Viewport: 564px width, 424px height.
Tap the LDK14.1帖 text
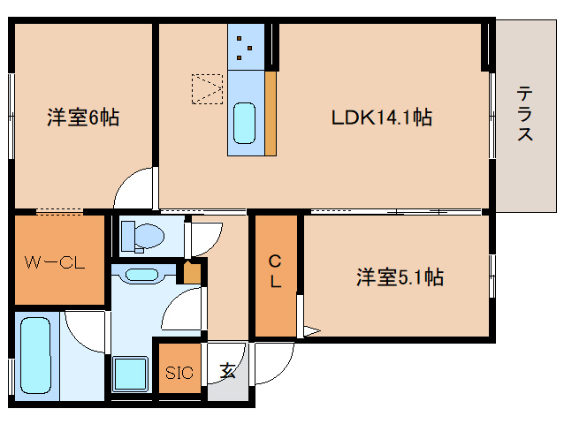click(381, 117)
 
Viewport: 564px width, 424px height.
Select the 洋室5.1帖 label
click(399, 277)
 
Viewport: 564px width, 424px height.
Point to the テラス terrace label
click(525, 113)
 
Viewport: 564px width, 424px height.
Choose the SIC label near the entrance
click(179, 372)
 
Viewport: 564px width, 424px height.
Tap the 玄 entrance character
click(228, 371)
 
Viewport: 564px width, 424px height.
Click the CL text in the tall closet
click(275, 272)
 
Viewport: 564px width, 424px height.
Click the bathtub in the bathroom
click(35, 353)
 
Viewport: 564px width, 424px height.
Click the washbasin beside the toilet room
click(141, 275)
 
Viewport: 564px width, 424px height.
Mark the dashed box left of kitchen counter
click(208, 88)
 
